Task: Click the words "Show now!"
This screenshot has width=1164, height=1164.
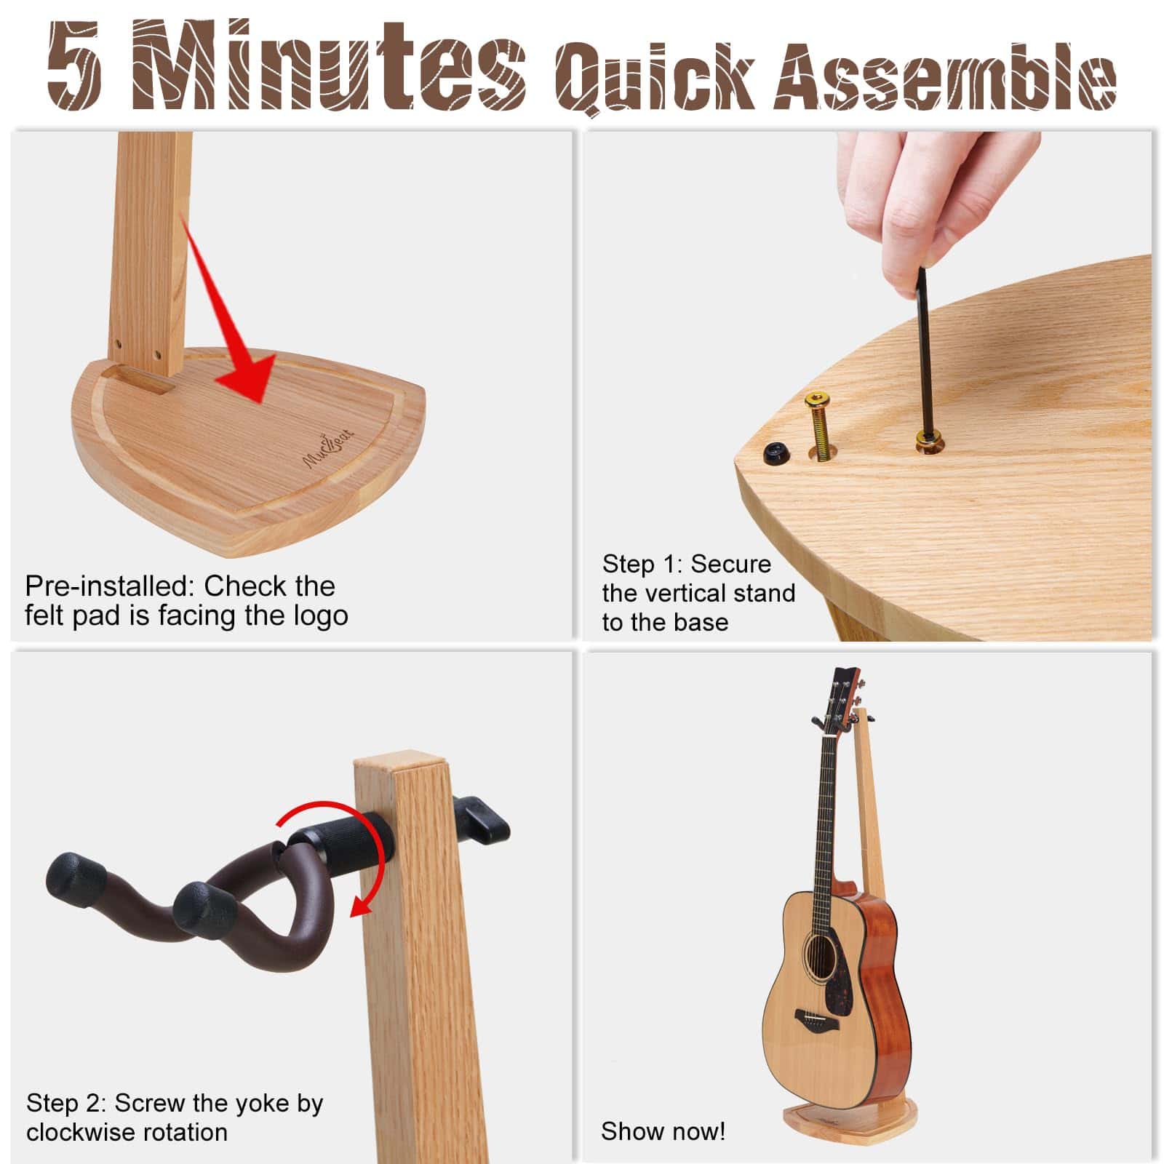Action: point(663,1131)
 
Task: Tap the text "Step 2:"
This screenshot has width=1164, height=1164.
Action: point(66,1103)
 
